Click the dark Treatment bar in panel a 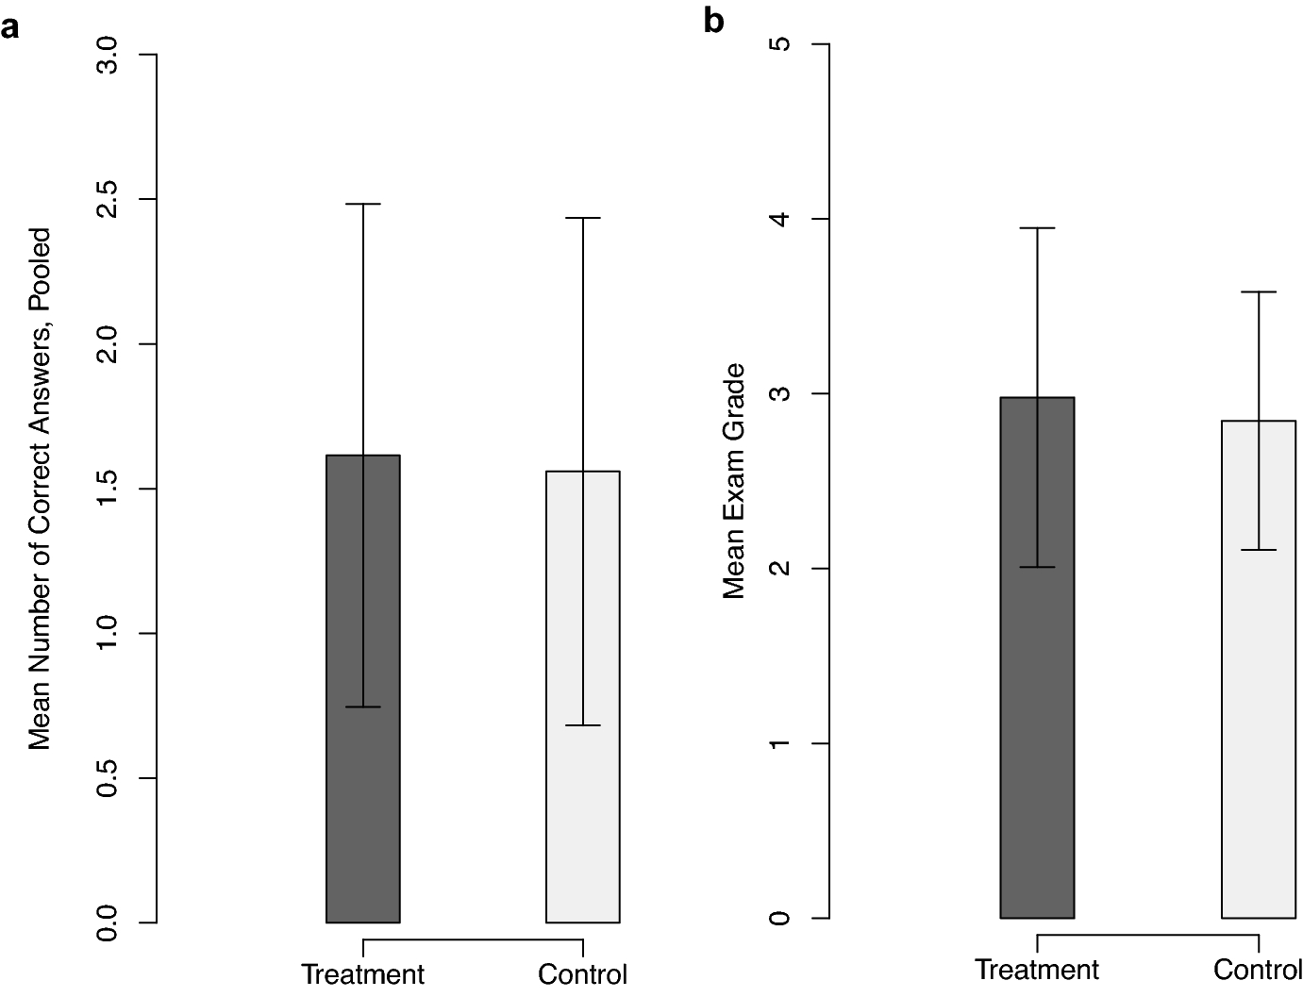coord(363,811)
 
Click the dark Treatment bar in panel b coord(1037,755)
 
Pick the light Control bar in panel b coord(1259,755)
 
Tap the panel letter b coord(713,20)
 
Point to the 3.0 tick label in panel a coord(109,56)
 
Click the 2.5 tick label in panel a coord(109,200)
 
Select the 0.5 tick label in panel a coord(109,778)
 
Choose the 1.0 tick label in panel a coord(109,633)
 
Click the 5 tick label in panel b coord(779,44)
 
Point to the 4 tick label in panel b coord(779,219)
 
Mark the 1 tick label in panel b coord(779,743)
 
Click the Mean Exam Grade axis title coord(734,481)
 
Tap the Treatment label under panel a coord(363,973)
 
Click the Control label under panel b coord(1257,969)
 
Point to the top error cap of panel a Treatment coord(363,204)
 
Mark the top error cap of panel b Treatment coord(1037,228)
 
